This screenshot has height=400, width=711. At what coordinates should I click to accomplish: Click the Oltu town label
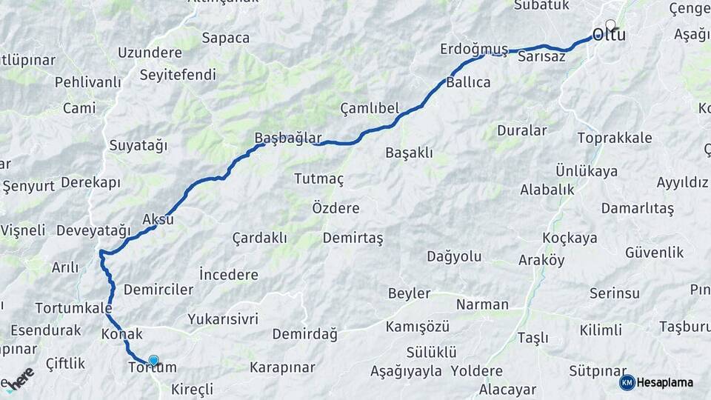[609, 36]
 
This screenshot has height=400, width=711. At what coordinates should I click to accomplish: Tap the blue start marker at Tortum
[153, 361]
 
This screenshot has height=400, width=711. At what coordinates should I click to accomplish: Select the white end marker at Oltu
[610, 24]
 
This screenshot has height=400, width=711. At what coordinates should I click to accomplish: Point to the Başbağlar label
[288, 138]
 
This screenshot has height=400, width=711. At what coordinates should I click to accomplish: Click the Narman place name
[482, 304]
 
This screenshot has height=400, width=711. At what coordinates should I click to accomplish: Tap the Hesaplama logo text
[666, 382]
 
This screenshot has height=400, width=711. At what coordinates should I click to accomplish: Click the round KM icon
[627, 382]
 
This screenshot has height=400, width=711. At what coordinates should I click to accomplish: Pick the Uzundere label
[150, 53]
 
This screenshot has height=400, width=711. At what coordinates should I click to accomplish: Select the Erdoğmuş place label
[474, 49]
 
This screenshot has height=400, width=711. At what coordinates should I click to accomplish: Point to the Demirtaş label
[353, 238]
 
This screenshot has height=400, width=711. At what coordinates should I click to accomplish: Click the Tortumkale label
[73, 307]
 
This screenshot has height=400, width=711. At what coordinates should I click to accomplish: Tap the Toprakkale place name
[615, 138]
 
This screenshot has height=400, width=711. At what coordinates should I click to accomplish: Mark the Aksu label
[158, 220]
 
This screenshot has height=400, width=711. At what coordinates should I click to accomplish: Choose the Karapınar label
[282, 367]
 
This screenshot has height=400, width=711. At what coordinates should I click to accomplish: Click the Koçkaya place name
[570, 238]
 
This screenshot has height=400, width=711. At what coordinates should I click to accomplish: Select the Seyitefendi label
[178, 75]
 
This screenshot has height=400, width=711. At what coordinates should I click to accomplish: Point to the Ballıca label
[468, 82]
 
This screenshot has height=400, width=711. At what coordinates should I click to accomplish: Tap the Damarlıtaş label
[637, 209]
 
